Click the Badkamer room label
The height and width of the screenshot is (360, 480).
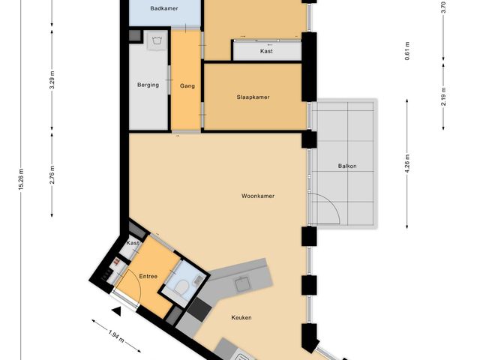pos(163,8)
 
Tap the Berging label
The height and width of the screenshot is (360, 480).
pos(148,85)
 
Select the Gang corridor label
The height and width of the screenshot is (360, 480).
pos(187,86)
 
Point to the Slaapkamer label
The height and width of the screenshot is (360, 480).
pos(253,97)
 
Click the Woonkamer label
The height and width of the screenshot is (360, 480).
pos(257,196)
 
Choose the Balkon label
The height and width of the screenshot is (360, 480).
pos(347,166)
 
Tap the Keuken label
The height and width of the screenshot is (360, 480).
pos(241,318)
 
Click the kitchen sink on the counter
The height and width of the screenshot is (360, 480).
pos(242,283)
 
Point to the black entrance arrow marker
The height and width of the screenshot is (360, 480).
pos(116,310)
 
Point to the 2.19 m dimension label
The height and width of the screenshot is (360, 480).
pos(444,97)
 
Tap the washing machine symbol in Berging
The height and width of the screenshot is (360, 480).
pos(156,43)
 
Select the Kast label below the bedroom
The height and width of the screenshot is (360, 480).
pos(265,51)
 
